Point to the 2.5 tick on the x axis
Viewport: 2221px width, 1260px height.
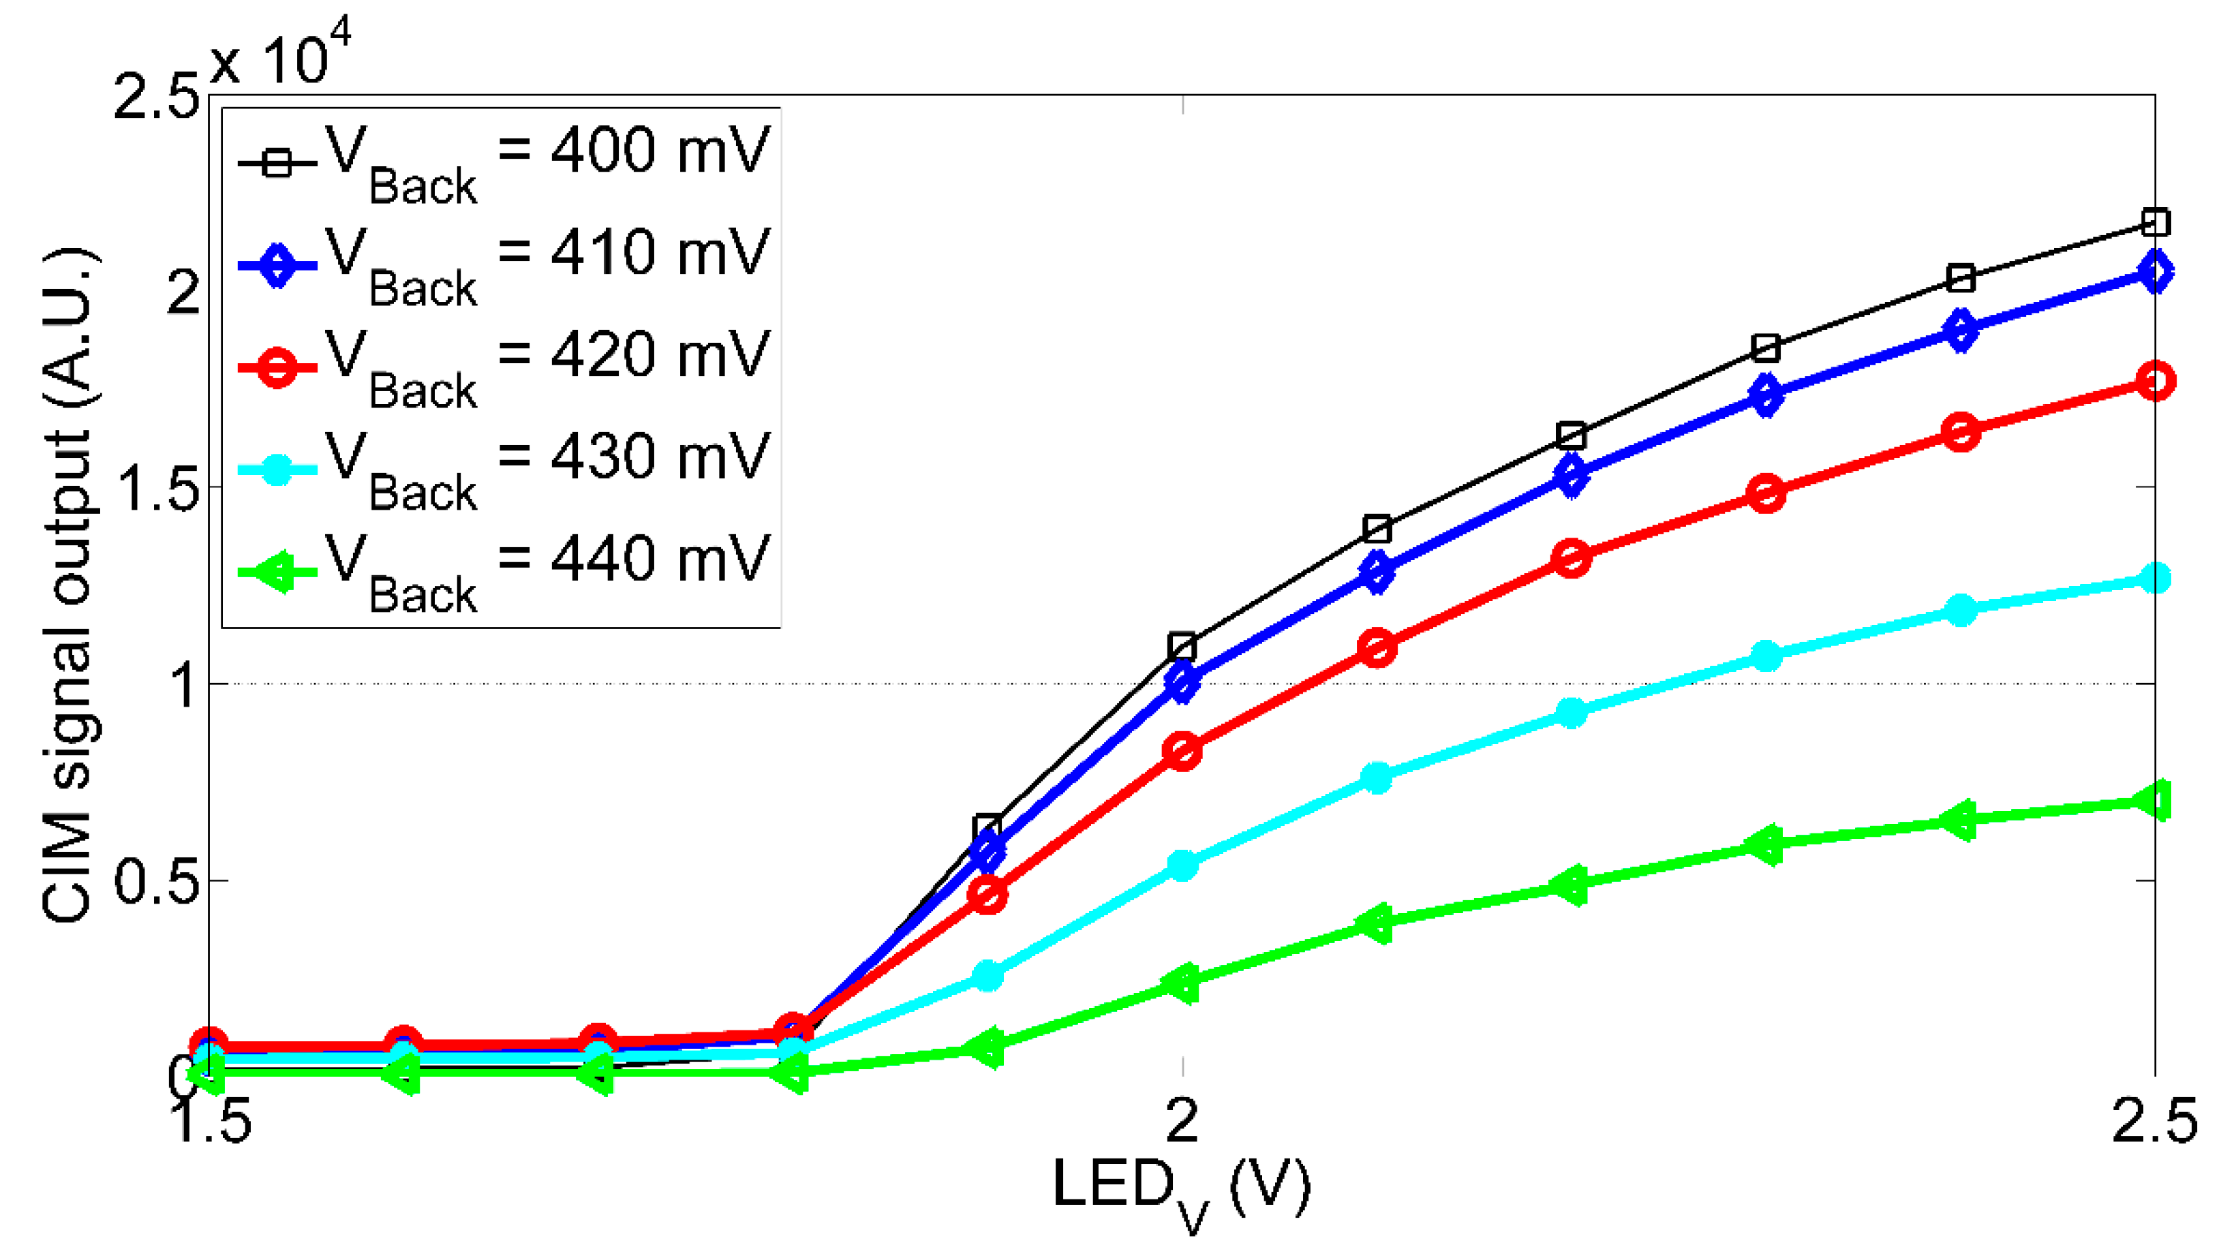tap(2154, 1121)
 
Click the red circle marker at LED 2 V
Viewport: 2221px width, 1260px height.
tap(1182, 751)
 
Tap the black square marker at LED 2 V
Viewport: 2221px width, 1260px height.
tap(1182, 645)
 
